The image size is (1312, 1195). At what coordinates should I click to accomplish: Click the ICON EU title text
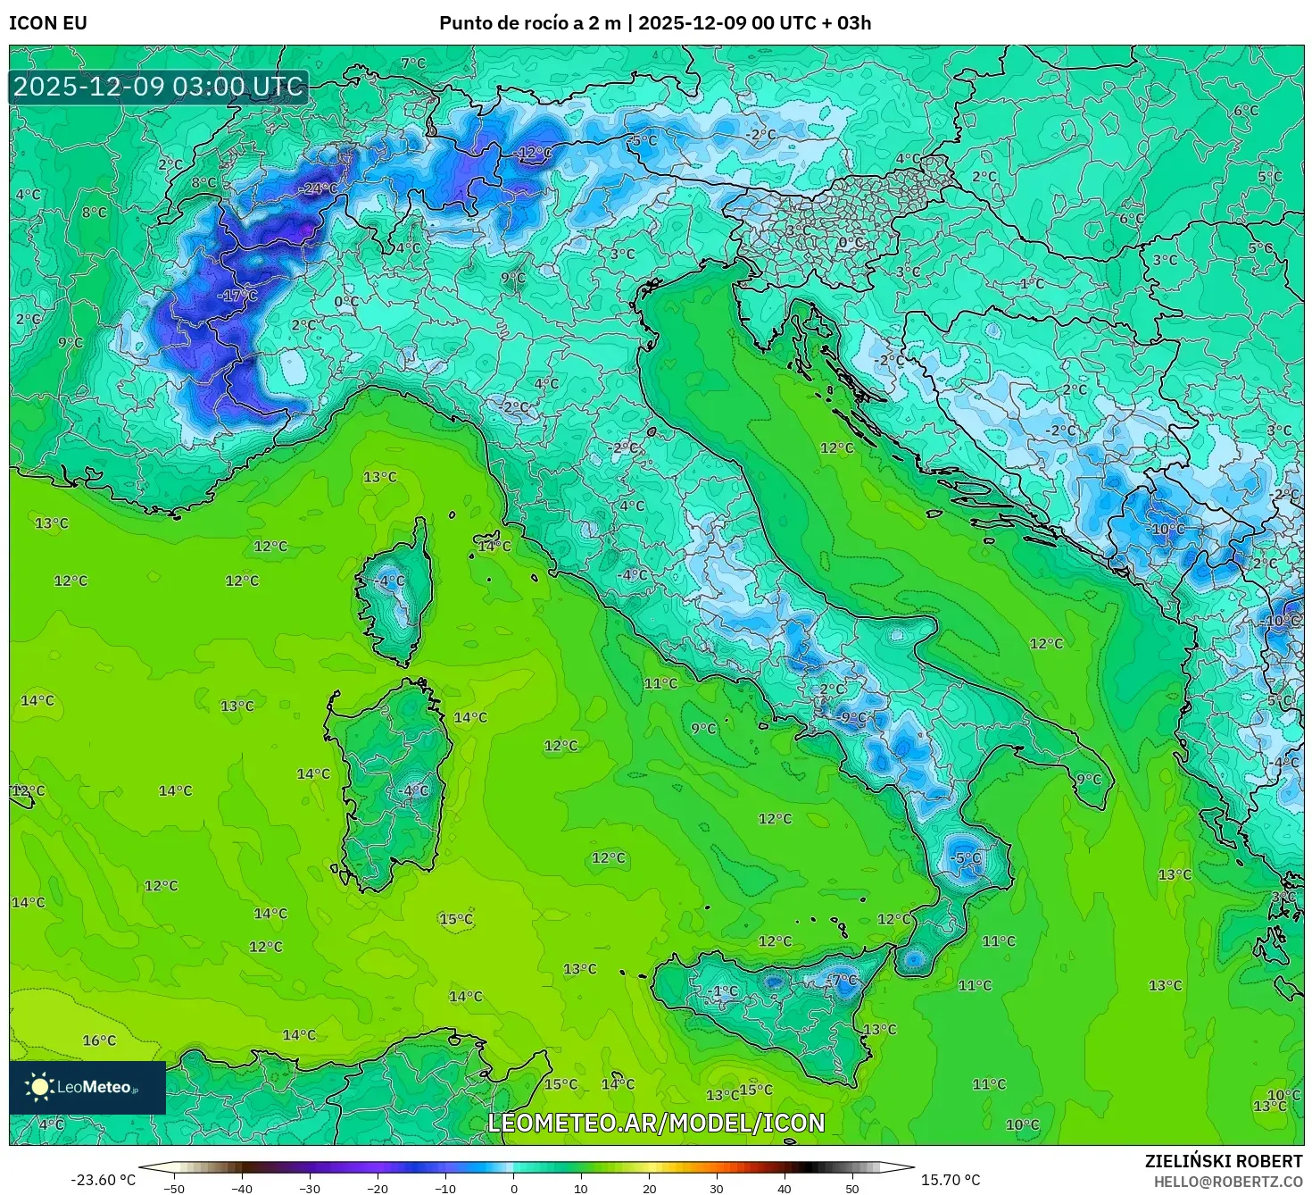pos(48,23)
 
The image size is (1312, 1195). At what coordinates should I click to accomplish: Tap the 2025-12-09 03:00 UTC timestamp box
pos(159,87)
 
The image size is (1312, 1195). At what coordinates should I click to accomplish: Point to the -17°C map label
pos(237,296)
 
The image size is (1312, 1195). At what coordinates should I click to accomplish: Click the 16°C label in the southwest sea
pos(99,1040)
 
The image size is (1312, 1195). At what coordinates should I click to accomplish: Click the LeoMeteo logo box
pos(87,1087)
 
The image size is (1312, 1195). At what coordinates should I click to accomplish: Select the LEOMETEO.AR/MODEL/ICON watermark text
pos(656,1123)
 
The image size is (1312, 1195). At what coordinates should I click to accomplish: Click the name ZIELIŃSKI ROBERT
pos(1224,1161)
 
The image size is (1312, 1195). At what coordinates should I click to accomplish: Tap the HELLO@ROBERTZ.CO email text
pos(1228,1182)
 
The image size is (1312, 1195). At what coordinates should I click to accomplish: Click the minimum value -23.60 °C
pos(104,1180)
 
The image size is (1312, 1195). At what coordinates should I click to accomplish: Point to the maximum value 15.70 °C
pos(950,1180)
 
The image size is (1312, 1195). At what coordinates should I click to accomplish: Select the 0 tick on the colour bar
pos(513,1188)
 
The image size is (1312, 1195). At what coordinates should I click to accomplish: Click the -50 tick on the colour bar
pos(174,1188)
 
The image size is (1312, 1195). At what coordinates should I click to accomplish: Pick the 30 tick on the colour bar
pos(717,1188)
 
